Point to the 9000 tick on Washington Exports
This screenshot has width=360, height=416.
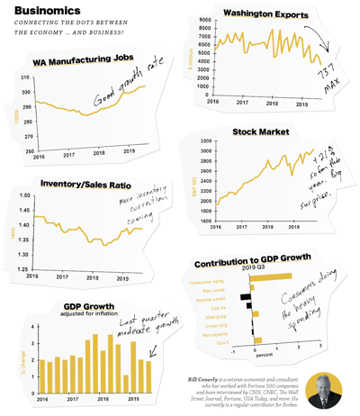point(203,20)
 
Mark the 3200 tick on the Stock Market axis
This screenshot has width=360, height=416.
point(204,141)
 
